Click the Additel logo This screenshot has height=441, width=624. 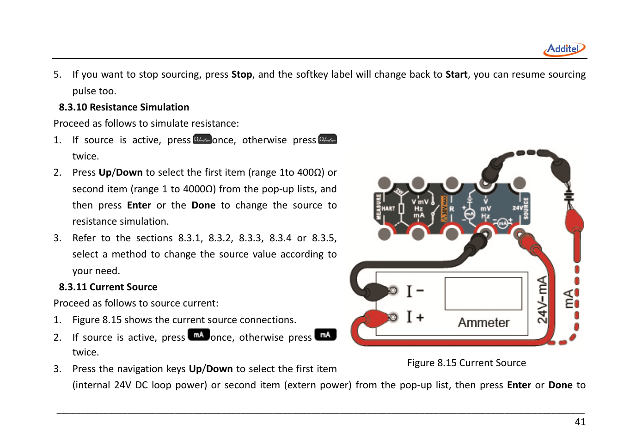pos(564,49)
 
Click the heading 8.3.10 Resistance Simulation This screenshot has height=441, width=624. pos(124,107)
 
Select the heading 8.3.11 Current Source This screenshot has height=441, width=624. pos(108,287)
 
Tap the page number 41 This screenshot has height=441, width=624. pos(580,422)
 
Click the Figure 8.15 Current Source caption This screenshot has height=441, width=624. pos(466,363)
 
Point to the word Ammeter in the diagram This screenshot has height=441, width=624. pos(483,323)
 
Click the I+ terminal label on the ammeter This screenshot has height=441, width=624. pos(415,317)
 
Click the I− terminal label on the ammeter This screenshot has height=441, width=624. pos(415,291)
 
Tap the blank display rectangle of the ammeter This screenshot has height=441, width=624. pos(483,294)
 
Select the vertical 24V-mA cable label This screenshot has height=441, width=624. pos(542,300)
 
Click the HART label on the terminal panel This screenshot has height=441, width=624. pos(388,208)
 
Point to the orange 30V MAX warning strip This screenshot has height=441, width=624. pos(444,208)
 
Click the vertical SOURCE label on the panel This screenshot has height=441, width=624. pos(526,208)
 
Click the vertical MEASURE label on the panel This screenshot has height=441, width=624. pos(378,207)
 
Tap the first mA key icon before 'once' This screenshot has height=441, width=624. pos(199,335)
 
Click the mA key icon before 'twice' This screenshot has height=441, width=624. pos(325,335)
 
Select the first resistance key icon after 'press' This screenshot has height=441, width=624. pos(202,139)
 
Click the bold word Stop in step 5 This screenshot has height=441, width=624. pos(242,74)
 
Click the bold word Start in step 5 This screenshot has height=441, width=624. pos(456,74)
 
